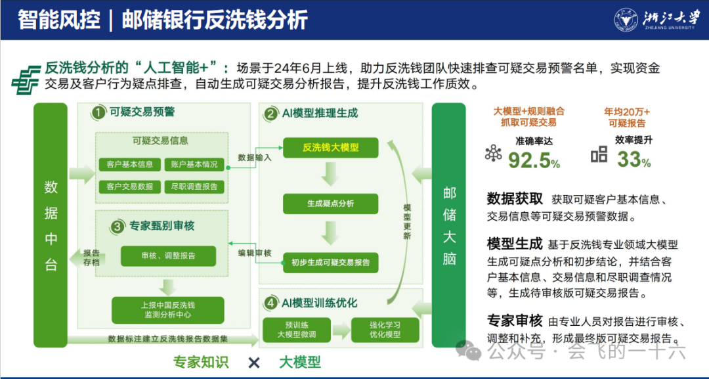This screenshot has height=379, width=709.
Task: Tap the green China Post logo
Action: coord(26,78)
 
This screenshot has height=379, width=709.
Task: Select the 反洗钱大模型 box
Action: coord(330,147)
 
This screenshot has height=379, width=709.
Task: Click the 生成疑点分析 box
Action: coord(330,204)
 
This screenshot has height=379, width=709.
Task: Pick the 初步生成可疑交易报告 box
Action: coord(330,262)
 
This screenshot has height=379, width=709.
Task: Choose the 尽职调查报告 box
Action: coord(194,187)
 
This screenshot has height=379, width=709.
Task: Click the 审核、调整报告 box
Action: coord(168,256)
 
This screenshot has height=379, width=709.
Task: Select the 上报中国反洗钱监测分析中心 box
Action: coord(168,310)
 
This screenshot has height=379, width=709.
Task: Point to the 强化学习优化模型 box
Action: coord(385,330)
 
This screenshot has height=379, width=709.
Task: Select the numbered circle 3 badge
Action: coord(118,227)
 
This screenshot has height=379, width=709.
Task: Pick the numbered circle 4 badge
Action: coord(271,303)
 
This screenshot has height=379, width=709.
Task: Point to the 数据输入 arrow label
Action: coord(255,158)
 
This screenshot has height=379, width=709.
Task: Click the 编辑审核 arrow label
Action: coord(255,253)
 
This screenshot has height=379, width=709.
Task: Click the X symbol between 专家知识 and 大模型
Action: coord(254,363)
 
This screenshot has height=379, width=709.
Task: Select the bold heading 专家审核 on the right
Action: coord(515,321)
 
